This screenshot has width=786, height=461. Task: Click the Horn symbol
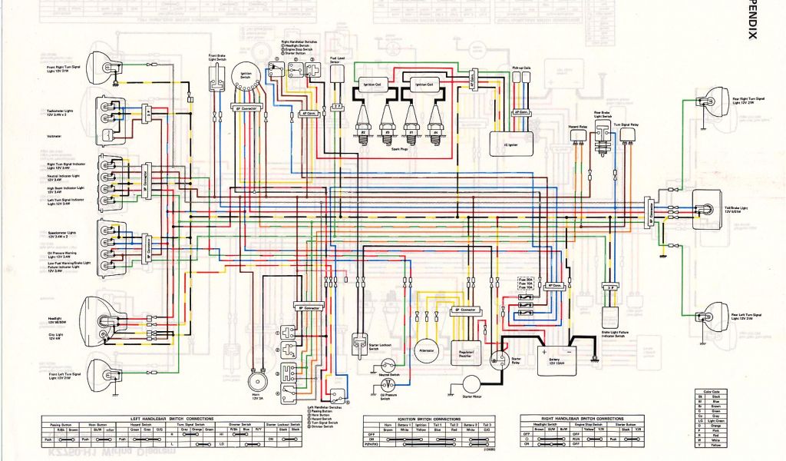pos(257,383)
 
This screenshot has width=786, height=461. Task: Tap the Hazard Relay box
pos(577,135)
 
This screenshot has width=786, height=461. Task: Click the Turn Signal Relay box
pos(629,135)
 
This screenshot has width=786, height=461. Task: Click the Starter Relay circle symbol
pos(500,360)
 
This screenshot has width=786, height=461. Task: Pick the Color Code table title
pos(708,392)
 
